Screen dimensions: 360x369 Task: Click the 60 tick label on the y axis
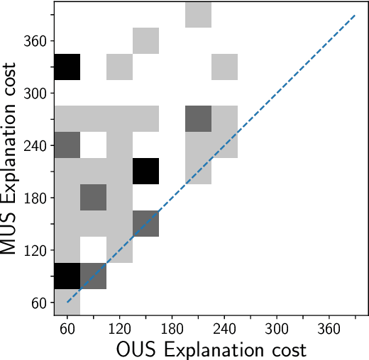(39, 303)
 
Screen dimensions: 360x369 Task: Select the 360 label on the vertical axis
(35, 41)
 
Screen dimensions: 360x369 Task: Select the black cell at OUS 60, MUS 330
(67, 67)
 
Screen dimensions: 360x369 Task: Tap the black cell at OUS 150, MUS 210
(145, 171)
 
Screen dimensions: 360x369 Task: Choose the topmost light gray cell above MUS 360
(198, 14)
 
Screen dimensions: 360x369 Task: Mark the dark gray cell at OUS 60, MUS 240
(67, 145)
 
